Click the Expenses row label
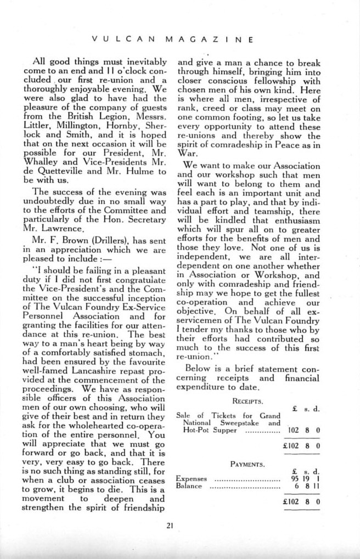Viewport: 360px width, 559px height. [191, 479]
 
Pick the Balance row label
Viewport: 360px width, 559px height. [189, 487]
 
